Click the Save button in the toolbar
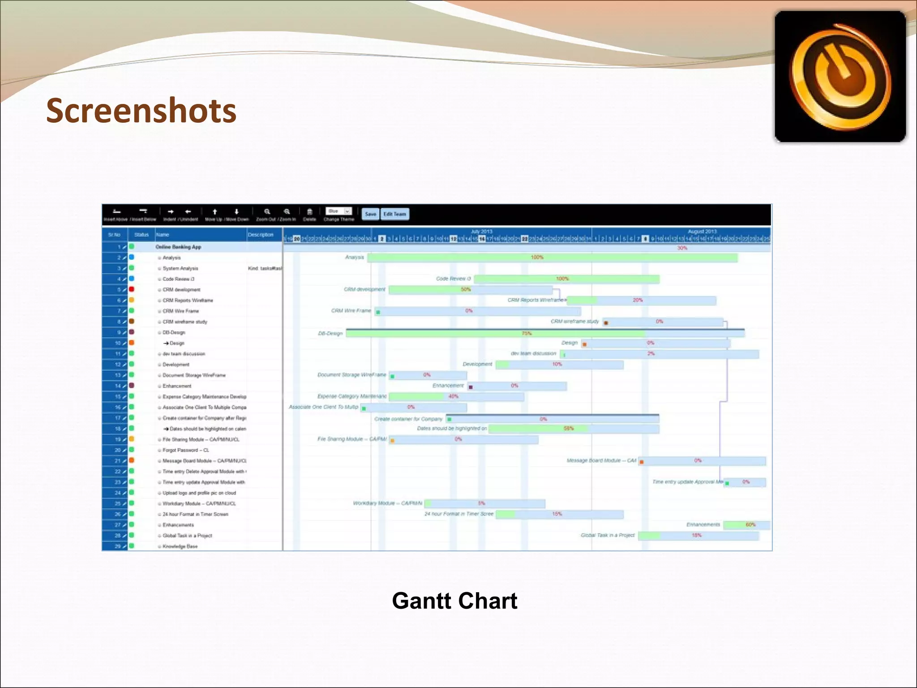[x=370, y=214]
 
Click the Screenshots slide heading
[x=141, y=111]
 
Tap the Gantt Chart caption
[x=454, y=601]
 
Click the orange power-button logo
[x=840, y=77]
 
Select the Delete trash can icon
[x=309, y=212]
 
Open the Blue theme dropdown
[x=339, y=211]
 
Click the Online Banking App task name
[x=178, y=247]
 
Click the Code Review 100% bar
[x=566, y=279]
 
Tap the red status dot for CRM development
[x=132, y=289]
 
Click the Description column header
[x=261, y=235]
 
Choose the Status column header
[x=141, y=235]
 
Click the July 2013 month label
[x=482, y=232]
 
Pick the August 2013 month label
[x=702, y=232]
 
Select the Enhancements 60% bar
[x=746, y=525]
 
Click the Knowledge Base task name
[x=180, y=546]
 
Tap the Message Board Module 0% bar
[x=702, y=461]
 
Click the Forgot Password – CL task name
[x=186, y=450]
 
